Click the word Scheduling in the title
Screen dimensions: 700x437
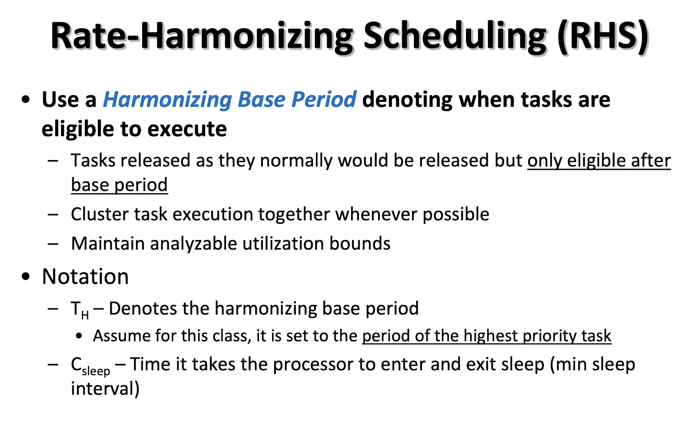455,37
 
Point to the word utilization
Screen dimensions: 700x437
283,243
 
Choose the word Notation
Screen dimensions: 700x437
85,277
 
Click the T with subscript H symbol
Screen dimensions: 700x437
80,310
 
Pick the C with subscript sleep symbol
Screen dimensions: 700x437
91,366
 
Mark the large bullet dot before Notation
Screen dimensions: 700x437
26,277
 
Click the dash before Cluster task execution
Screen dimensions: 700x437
53,215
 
